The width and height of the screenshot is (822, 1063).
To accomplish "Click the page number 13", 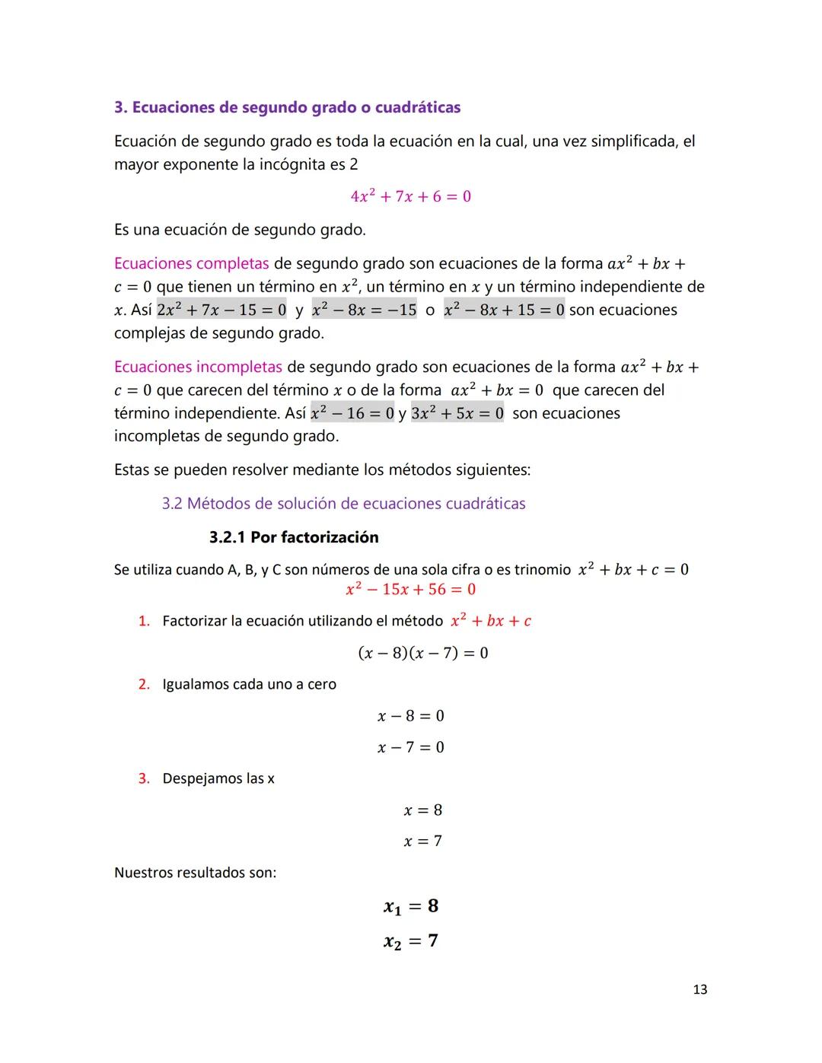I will pos(699,989).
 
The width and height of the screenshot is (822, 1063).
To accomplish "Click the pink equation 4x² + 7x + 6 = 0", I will pos(410,196).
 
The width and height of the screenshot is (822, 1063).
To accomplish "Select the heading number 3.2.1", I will pos(228,537).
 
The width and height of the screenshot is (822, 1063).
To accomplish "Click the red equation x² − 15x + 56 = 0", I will pos(410,590).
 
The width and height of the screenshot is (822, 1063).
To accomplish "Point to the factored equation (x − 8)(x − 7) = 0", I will pos(422,653).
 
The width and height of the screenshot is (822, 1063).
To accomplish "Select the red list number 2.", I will pos(143,684).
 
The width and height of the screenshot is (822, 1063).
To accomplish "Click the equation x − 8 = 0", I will pos(410,716).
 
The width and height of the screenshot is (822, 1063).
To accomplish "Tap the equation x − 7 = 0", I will pos(410,747).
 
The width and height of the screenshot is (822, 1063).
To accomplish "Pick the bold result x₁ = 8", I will pos(410,906).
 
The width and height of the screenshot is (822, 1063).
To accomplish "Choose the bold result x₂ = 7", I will pos(410,941).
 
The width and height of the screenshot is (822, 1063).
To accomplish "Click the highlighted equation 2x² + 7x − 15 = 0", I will pos(221,310).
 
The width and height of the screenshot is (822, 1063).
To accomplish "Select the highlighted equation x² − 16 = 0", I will pos(352,414).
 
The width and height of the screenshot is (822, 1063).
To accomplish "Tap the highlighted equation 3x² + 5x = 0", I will pos(457,414).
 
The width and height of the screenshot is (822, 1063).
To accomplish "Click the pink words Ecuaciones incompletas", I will pos(198,367).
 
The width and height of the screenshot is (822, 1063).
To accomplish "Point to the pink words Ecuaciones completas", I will pos(191,263).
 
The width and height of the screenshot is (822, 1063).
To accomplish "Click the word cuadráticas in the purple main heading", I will pos(417,107).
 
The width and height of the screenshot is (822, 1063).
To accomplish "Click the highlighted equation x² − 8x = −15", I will pos(364,310).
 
